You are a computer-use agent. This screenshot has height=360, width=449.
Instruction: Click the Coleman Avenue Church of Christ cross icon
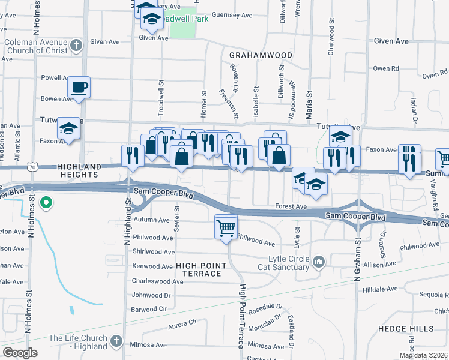pyautogui.click(x=76, y=45)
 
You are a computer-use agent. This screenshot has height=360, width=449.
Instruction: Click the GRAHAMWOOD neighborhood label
pyautogui.click(x=261, y=55)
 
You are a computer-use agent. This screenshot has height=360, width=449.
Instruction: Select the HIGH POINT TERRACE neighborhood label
pyautogui.click(x=199, y=269)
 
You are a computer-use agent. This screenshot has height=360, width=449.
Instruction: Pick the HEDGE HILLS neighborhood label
pyautogui.click(x=406, y=329)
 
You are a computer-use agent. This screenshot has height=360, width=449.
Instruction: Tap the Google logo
pyautogui.click(x=20, y=352)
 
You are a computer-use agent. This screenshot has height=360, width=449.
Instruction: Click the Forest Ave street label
pyautogui.click(x=292, y=206)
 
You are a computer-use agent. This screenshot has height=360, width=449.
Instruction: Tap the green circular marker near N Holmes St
pyautogui.click(x=46, y=203)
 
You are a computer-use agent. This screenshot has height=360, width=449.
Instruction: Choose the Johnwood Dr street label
pyautogui.click(x=151, y=295)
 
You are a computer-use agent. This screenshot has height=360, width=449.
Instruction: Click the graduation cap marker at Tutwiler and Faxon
pyautogui.click(x=68, y=128)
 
